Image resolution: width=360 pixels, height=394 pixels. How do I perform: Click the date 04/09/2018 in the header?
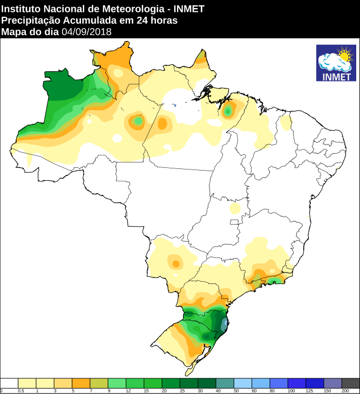(86, 32)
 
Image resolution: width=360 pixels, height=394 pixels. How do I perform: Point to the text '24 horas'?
(160, 21)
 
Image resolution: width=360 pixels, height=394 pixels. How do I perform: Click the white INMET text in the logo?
(336, 77)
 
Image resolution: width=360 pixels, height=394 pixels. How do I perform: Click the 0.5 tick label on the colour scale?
(21, 390)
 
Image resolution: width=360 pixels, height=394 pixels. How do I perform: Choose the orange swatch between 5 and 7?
(81, 383)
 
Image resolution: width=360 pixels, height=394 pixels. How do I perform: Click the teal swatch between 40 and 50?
(225, 383)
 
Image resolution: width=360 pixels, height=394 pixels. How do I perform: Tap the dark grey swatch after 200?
(350, 383)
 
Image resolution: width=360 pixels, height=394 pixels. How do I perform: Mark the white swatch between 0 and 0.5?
(10, 383)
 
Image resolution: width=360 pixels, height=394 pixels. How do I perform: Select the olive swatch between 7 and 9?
(99, 383)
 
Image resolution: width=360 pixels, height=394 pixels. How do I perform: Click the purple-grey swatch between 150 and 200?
(332, 383)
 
